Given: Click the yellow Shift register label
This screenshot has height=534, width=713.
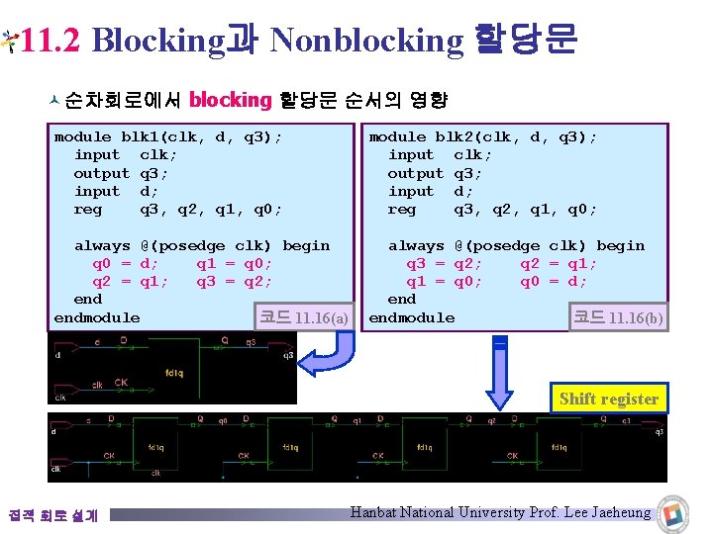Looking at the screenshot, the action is tap(608, 399).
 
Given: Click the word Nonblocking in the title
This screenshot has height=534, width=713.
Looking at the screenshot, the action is tap(365, 41).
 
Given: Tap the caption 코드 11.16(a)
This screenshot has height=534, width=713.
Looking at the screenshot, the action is tap(303, 317).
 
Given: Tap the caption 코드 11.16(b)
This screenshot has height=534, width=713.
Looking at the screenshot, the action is tap(618, 317).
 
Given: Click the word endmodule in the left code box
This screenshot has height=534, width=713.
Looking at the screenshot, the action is tap(97, 318).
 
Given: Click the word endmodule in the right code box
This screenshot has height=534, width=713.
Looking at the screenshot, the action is tap(411, 318).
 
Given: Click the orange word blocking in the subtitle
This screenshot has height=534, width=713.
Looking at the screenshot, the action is tap(230, 99).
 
